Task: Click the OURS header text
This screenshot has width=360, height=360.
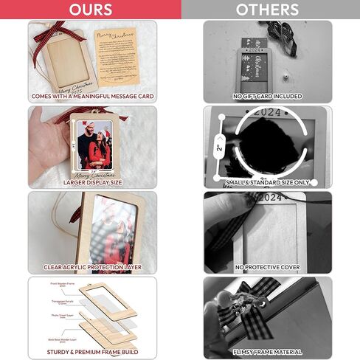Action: point(91,10)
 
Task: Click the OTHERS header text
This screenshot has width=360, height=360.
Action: point(267,10)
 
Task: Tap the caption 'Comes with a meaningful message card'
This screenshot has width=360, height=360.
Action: point(93,96)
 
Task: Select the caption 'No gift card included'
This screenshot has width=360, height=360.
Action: point(268,96)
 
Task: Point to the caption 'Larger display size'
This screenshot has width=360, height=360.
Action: point(93,181)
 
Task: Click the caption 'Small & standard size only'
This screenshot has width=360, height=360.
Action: point(268,181)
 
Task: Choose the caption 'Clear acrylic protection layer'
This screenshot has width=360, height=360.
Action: point(93,267)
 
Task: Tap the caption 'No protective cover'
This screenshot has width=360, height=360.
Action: point(268,267)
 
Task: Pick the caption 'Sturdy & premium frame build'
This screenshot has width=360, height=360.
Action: point(93,353)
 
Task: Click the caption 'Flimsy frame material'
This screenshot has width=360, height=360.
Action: point(268,353)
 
